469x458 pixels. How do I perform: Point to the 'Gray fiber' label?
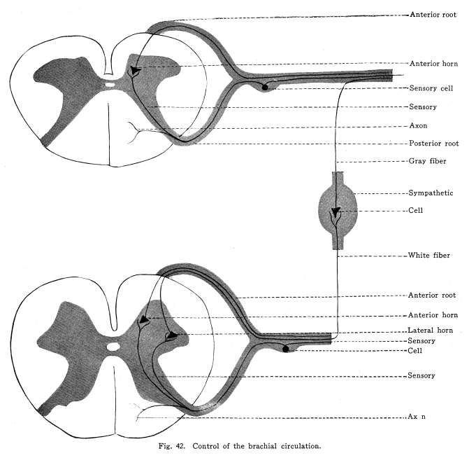click(427, 160)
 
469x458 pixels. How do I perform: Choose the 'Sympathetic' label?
click(430, 193)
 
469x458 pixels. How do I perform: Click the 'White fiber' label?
click(428, 256)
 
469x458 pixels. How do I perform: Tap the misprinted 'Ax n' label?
click(417, 416)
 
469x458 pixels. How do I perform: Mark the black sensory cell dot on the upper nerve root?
click(264, 86)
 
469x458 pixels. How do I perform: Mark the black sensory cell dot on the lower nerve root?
click(286, 348)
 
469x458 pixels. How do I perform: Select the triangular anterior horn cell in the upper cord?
click(134, 70)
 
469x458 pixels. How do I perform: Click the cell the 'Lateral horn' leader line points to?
click(169, 336)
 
